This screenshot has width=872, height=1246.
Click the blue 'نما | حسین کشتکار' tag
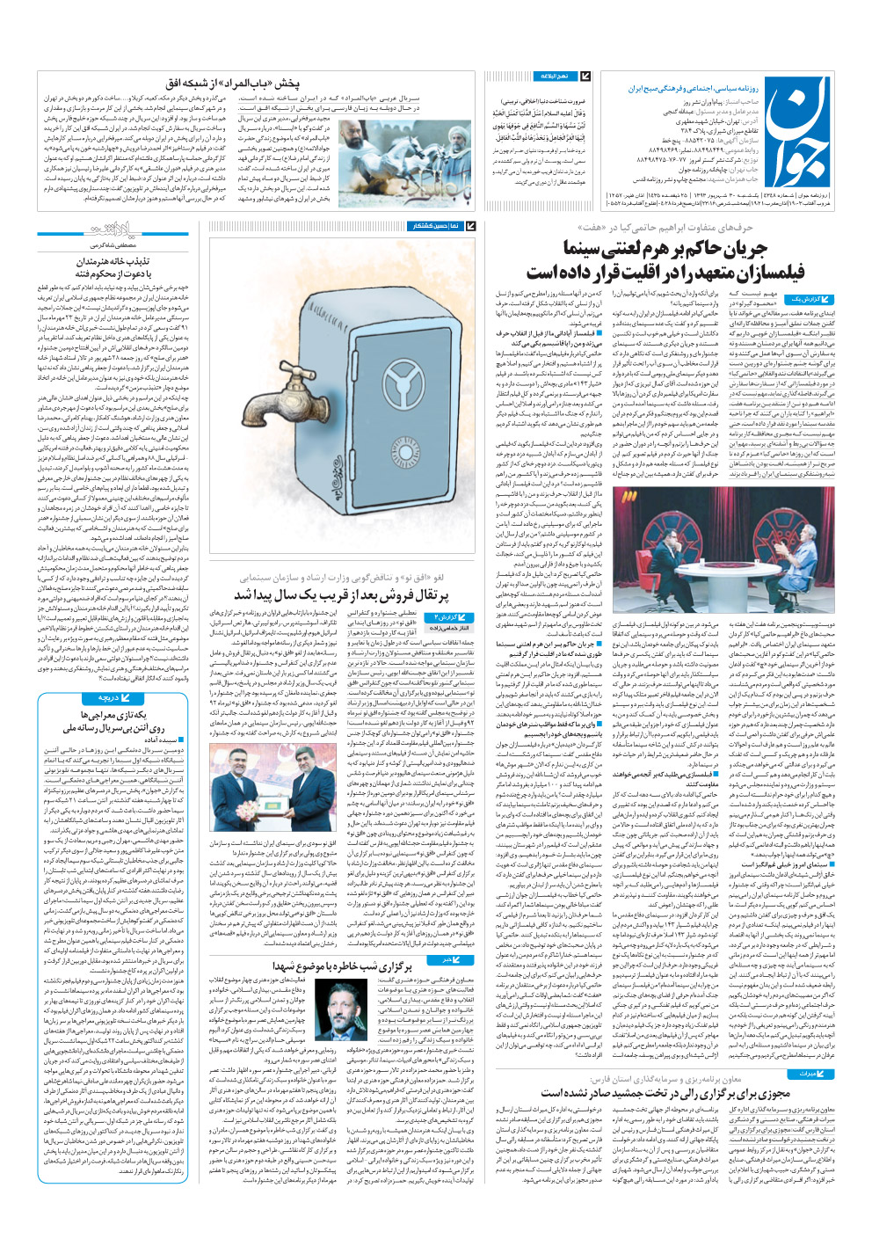(436, 226)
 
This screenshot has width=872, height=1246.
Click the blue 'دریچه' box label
(109, 698)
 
